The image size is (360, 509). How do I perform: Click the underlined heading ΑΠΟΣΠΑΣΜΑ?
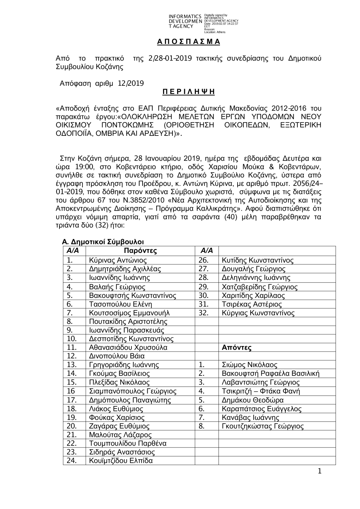coord(188,42)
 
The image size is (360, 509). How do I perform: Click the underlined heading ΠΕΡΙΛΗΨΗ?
coord(188,91)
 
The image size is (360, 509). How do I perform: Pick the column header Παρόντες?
coord(140,251)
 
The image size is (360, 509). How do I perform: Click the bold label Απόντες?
coord(237,348)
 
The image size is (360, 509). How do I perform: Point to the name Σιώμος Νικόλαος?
coord(249,365)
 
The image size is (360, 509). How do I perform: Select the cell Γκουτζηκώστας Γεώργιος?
coord(262,426)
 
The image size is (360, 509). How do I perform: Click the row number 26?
coord(203,260)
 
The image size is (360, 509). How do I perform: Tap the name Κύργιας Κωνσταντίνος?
coord(258,313)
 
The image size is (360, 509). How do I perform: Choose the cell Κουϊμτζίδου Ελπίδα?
coord(121,461)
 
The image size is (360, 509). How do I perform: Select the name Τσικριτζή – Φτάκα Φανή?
coord(261,391)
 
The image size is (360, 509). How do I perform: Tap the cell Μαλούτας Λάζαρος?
coord(120,435)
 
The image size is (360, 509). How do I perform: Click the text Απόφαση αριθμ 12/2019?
coord(102,84)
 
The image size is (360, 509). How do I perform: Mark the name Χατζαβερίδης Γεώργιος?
coord(260,287)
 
